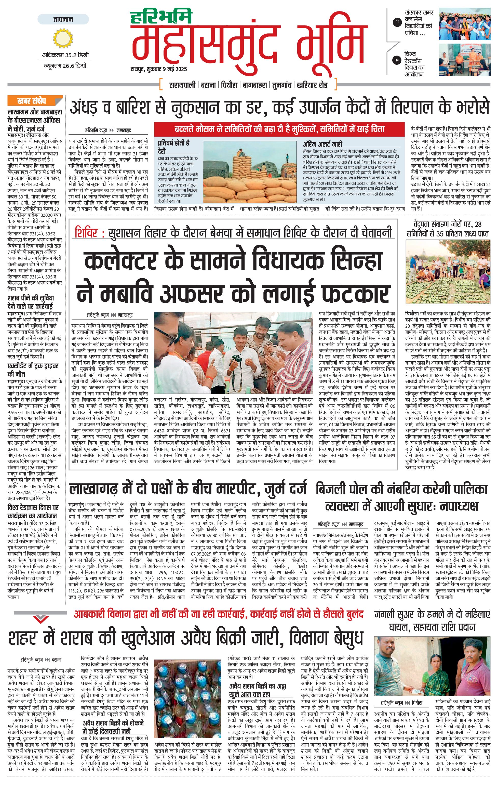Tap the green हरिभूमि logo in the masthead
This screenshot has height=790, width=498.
click(x=161, y=16)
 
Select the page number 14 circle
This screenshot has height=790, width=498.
click(x=398, y=60)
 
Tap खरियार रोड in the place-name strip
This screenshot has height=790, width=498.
click(x=312, y=85)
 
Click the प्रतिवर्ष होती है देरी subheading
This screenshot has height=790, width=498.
click(x=173, y=146)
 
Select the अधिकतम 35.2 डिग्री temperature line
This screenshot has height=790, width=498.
click(x=65, y=55)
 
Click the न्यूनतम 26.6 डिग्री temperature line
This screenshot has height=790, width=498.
click(x=65, y=65)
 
